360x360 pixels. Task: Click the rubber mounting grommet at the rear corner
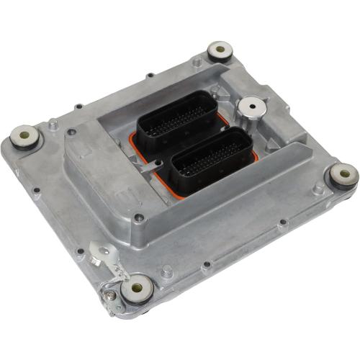(x=219, y=51)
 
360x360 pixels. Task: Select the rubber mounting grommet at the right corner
(x=343, y=174)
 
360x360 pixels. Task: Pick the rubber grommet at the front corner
(x=136, y=289)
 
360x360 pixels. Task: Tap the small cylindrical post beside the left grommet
(x=53, y=125)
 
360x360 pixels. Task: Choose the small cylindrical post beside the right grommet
(x=318, y=189)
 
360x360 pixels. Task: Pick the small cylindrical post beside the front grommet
(x=166, y=271)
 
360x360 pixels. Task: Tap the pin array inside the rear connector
(x=177, y=119)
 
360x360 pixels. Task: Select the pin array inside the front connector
(x=212, y=158)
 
